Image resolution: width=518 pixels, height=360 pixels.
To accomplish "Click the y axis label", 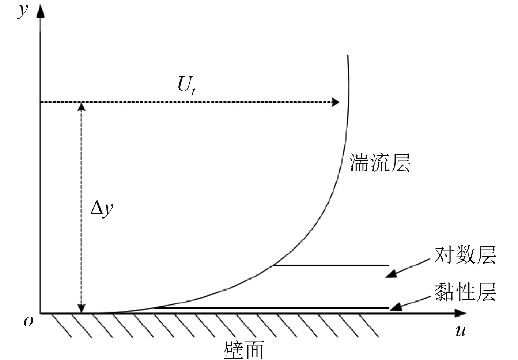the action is (x=23, y=11).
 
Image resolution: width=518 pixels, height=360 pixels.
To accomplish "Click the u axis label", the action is (x=461, y=331).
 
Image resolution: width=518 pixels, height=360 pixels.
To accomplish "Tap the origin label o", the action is (x=28, y=322).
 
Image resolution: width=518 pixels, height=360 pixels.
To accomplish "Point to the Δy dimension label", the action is (x=102, y=209).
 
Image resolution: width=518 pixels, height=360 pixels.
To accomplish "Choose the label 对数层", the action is (x=465, y=255).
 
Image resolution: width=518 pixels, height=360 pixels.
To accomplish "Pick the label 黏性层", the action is (x=465, y=292).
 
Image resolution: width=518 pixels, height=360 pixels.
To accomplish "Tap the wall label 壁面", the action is (x=243, y=350).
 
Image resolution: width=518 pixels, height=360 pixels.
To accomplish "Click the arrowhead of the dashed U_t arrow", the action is (x=335, y=102).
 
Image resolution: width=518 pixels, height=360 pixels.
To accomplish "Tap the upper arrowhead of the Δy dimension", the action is (x=82, y=106).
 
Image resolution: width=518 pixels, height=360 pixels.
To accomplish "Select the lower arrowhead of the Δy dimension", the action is (x=82, y=309).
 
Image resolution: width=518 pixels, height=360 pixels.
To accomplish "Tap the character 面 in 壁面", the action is (x=254, y=350).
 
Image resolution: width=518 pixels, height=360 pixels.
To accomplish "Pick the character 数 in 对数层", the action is (x=465, y=255).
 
